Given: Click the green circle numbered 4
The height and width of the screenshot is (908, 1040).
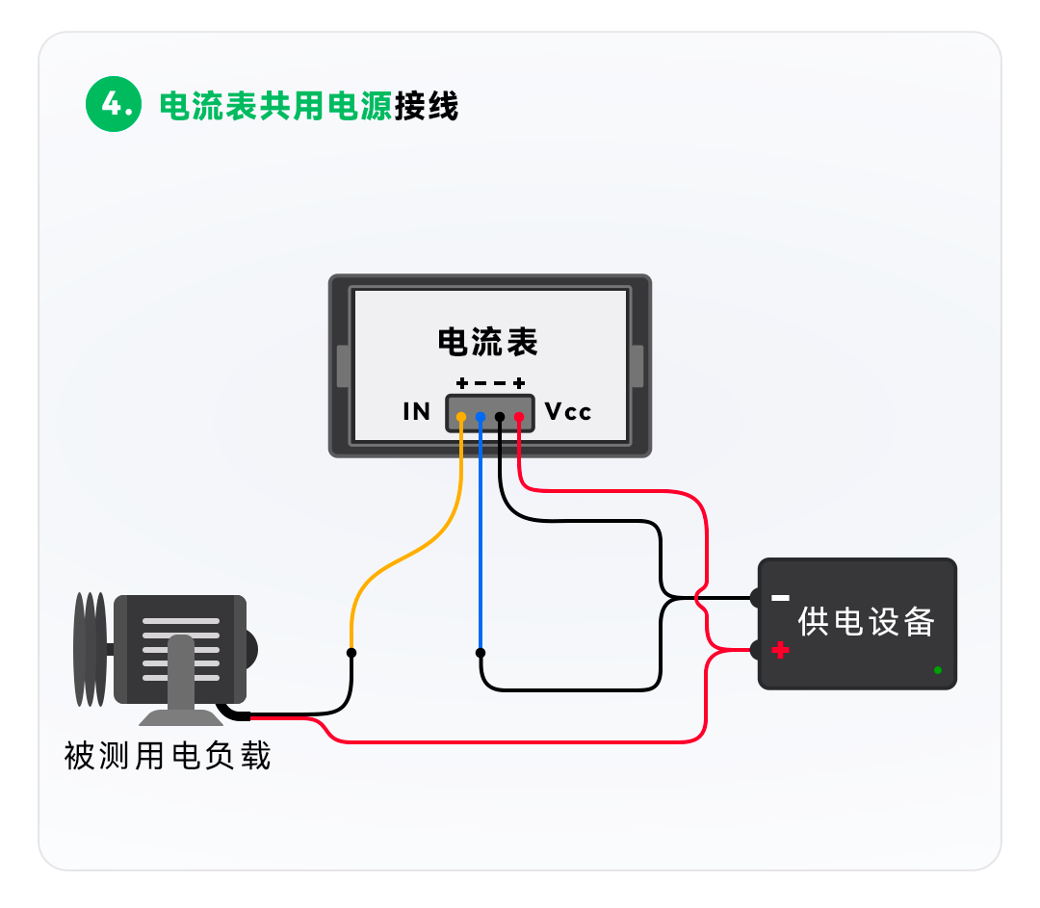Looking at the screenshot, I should (x=114, y=105).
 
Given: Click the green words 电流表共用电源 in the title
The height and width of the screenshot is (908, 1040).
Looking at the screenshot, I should (x=275, y=106).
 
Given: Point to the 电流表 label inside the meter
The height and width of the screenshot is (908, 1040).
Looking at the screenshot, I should (x=487, y=342).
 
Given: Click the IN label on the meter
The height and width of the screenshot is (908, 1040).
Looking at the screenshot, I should (x=417, y=412).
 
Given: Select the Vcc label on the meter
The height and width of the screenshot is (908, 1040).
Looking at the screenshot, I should (x=568, y=412).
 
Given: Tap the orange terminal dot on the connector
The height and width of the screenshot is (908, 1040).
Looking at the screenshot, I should (x=461, y=417).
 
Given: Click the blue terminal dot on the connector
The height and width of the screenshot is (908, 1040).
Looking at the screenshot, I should (x=481, y=417).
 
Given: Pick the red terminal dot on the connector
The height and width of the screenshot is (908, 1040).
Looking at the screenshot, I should (x=519, y=417).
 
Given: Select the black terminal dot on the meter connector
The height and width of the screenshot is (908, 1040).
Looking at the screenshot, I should (x=500, y=417).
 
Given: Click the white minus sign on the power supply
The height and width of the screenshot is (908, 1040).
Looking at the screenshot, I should (x=781, y=598).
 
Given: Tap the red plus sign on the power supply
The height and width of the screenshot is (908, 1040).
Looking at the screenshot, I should (x=781, y=651).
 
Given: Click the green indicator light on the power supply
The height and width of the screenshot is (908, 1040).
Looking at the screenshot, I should (x=937, y=669).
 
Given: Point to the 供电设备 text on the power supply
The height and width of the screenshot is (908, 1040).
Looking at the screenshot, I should (x=867, y=622).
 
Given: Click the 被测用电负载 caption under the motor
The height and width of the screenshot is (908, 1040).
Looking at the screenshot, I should (x=168, y=756).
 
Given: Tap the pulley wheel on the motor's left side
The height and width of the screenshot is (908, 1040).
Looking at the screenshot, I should (x=90, y=649).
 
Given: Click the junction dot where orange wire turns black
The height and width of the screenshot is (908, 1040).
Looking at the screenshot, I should (x=351, y=653).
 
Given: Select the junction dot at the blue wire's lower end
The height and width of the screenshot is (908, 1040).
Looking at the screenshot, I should (x=481, y=653).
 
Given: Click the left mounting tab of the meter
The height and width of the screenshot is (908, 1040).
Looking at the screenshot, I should (x=342, y=366).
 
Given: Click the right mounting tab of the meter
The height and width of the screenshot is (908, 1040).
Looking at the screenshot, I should (x=637, y=366).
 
